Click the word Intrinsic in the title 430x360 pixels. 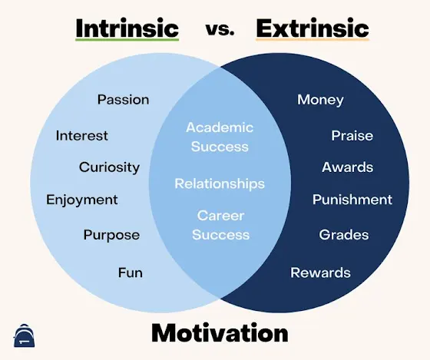[x=127, y=28]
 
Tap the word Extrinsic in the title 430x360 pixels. [x=313, y=28]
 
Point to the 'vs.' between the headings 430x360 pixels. [x=220, y=30]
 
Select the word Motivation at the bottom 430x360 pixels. [x=220, y=332]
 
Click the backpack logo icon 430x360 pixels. [x=25, y=335]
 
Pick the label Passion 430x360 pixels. [x=124, y=99]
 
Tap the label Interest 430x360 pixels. [x=81, y=135]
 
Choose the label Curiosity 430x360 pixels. [x=109, y=167]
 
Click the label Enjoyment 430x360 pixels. [x=81, y=200]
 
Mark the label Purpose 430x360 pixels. [x=111, y=235]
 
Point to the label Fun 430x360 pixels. [x=131, y=272]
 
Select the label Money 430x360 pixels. [x=320, y=100]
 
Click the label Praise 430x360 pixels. [x=352, y=135]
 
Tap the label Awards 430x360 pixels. [x=347, y=167]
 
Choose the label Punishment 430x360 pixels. [x=352, y=200]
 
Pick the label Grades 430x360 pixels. [x=344, y=235]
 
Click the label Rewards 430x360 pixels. [x=321, y=272]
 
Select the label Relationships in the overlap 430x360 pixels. [x=220, y=183]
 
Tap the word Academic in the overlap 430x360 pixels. [x=220, y=127]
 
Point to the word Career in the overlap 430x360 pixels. [x=221, y=216]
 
